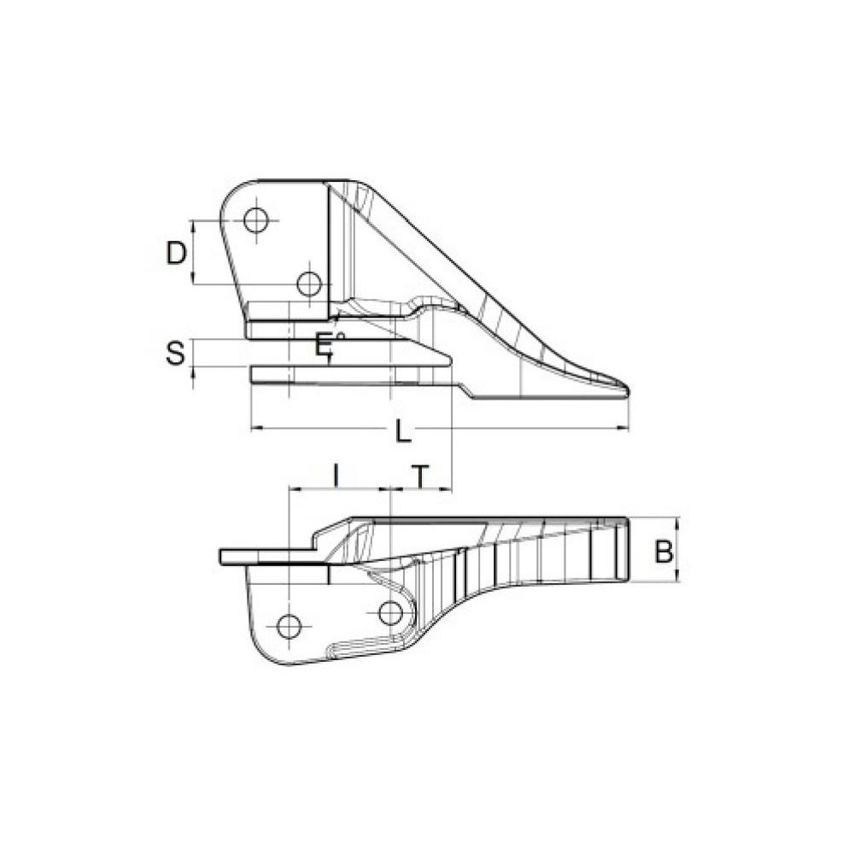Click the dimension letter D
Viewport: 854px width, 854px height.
click(176, 253)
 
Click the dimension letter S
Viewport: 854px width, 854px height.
click(175, 353)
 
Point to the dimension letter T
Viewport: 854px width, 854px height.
click(419, 476)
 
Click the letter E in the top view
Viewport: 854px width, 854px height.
click(323, 346)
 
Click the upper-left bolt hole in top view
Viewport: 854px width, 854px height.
click(255, 220)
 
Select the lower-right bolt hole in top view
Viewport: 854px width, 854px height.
click(309, 283)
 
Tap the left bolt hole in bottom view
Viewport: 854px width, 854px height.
click(290, 626)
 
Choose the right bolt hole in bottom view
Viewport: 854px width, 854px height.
click(390, 612)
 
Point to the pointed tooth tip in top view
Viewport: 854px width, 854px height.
click(626, 392)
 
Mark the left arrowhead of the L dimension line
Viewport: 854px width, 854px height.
click(254, 428)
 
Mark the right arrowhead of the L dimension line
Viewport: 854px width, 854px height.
click(626, 428)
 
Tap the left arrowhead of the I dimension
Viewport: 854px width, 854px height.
click(293, 489)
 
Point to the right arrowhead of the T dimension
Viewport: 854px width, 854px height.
click(448, 489)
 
